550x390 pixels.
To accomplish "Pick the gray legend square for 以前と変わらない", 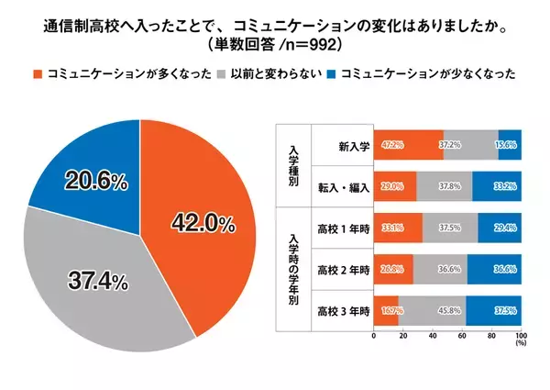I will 221,72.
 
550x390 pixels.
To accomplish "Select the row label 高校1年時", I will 342,228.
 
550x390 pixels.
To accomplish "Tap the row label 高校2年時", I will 342,270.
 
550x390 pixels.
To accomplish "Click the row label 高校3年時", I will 342,311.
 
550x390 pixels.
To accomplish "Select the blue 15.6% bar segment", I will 510,145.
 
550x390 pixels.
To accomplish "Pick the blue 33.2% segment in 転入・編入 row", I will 497,186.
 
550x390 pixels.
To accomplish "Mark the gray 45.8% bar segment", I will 432,311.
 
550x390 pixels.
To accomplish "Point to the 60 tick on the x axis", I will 462,337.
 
